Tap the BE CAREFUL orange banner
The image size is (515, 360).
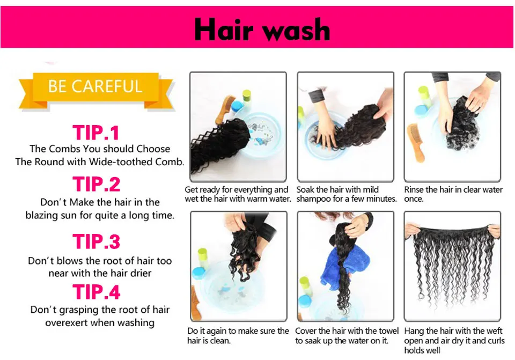(95, 87)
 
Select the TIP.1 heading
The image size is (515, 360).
(96, 133)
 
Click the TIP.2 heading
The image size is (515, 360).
(97, 184)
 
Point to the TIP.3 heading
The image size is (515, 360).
(97, 242)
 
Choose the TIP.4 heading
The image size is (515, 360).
(97, 292)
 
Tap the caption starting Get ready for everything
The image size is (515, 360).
(238, 194)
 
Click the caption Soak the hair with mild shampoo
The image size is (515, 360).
(346, 194)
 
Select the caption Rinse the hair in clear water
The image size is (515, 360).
(453, 194)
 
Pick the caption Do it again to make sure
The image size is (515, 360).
(238, 336)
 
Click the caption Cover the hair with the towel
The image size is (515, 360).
(347, 336)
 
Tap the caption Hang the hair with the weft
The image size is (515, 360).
(453, 341)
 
